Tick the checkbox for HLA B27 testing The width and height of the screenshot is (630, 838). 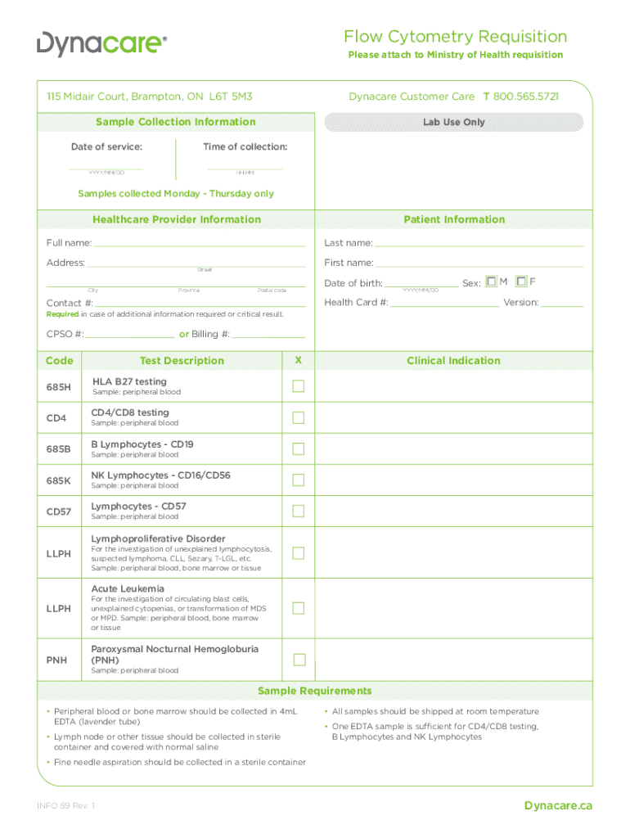[x=299, y=386]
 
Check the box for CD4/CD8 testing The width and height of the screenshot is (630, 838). [x=299, y=417]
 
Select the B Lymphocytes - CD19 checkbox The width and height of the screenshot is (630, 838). [x=299, y=448]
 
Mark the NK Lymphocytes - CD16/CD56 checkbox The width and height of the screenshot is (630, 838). [x=299, y=480]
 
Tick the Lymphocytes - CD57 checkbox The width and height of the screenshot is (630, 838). [x=299, y=511]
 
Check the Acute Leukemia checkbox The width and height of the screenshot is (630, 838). [x=299, y=608]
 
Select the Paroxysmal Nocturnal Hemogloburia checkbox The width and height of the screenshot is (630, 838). [x=299, y=660]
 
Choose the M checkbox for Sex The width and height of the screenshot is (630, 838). [x=491, y=282]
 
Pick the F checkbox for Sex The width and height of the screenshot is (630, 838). [x=521, y=282]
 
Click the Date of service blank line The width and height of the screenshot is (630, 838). [x=106, y=167]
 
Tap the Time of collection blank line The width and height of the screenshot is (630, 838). [x=245, y=167]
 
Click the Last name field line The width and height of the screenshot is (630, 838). [x=479, y=244]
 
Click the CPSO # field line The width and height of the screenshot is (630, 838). [x=130, y=336]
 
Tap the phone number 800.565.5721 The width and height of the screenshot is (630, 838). [x=526, y=97]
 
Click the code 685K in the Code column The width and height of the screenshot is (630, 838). [x=58, y=480]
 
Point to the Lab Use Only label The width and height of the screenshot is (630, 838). [x=453, y=122]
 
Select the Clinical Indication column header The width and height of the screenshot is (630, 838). [x=453, y=360]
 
